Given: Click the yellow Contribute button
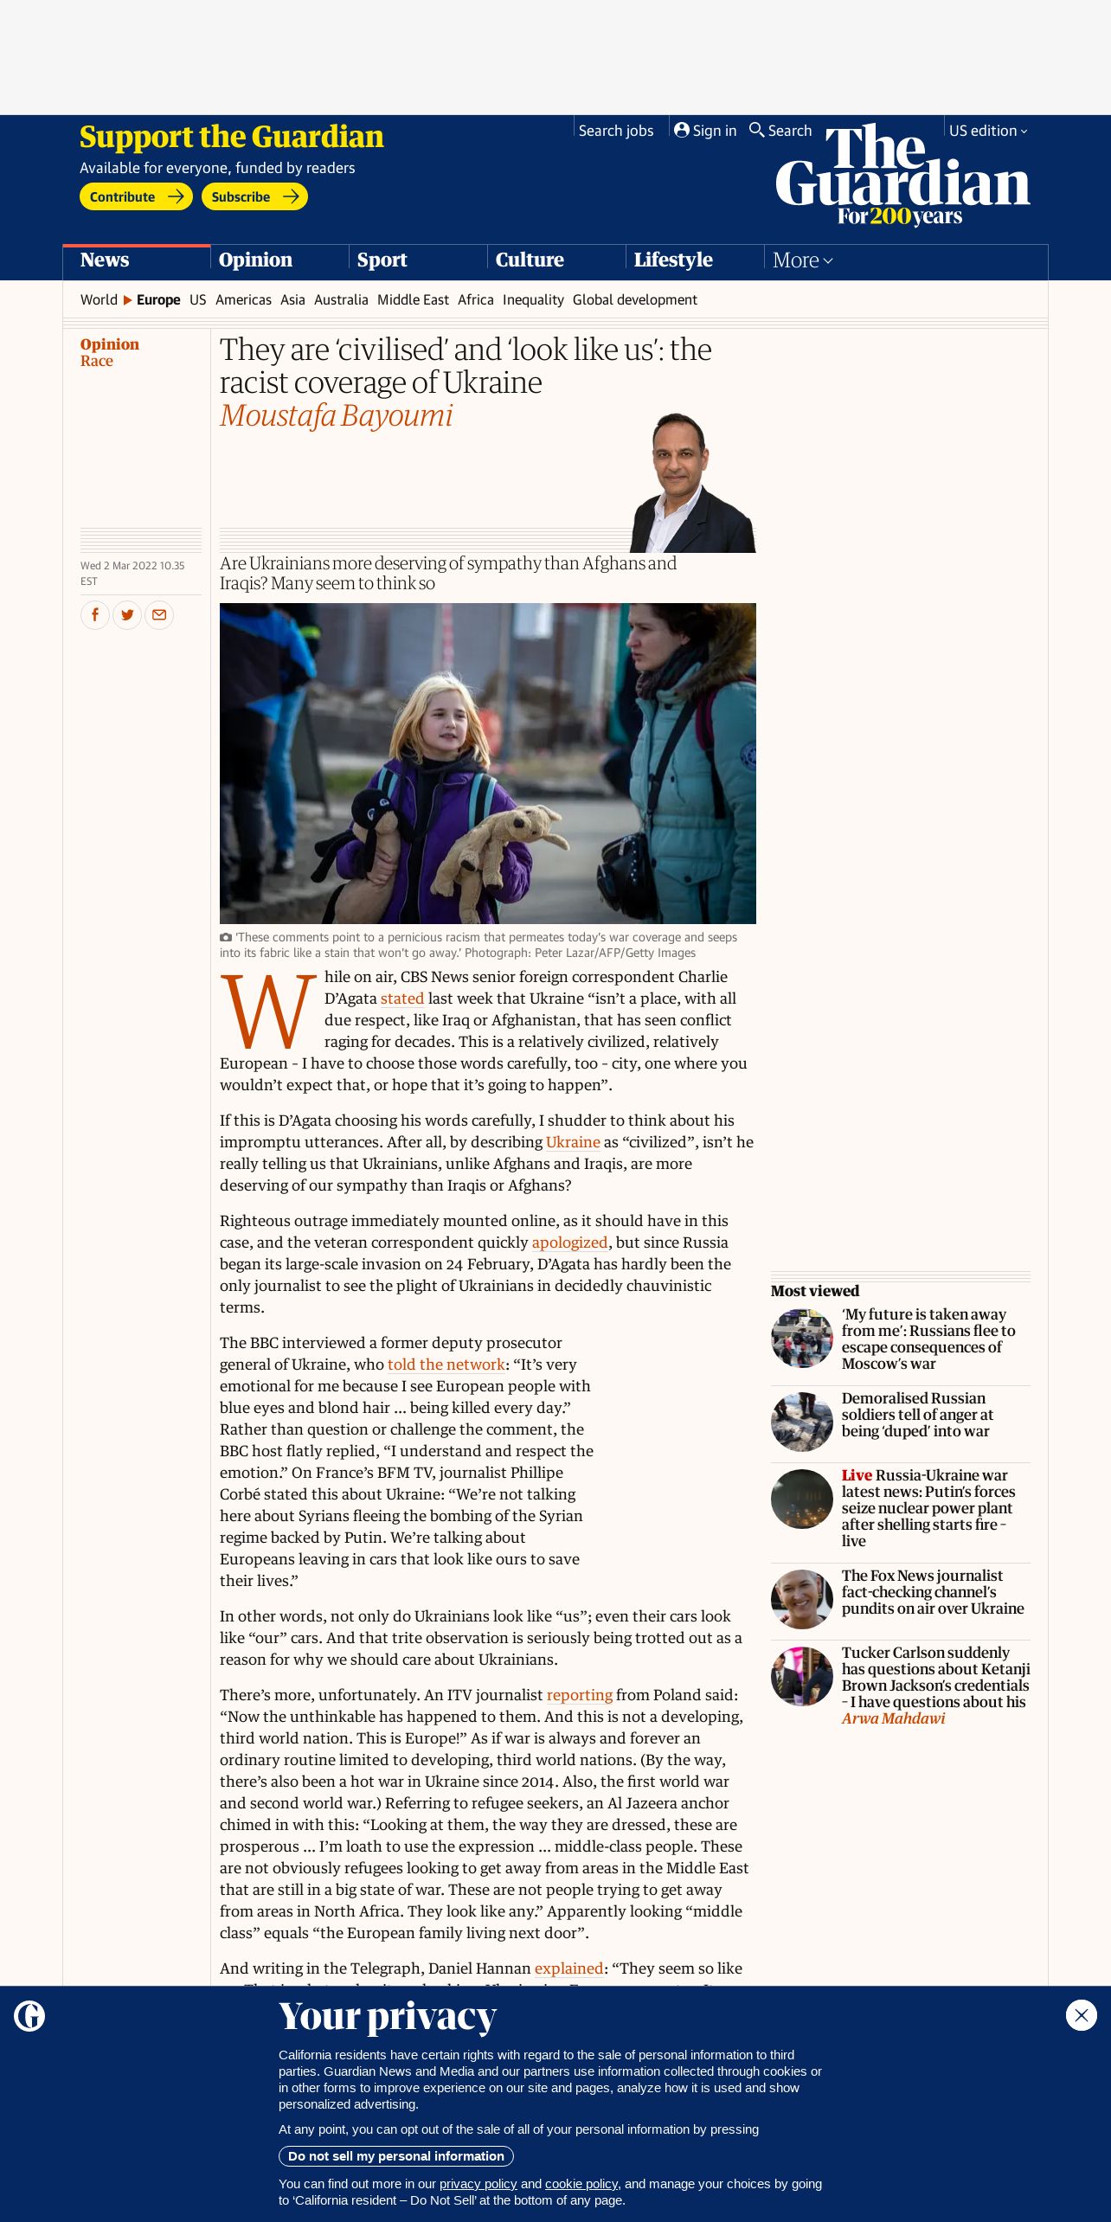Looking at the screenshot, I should [135, 196].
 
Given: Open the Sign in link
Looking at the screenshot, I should [705, 131].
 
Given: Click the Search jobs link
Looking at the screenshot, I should [615, 131].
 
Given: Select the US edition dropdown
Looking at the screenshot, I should [987, 131].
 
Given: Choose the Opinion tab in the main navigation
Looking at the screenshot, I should [255, 260].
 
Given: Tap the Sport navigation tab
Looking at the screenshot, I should [382, 260].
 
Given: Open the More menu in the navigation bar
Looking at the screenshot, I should [802, 260].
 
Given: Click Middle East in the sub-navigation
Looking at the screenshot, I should [413, 299].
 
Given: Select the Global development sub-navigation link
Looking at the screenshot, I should [634, 299].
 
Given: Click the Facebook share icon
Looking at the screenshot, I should [95, 615].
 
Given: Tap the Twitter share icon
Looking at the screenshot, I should [127, 615].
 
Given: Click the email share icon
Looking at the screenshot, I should [159, 615].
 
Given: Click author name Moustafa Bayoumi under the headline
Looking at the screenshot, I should [336, 416].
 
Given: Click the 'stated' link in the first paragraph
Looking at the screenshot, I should [402, 999].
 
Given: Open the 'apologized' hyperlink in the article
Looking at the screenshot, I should [569, 1243].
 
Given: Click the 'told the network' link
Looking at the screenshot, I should [446, 1365].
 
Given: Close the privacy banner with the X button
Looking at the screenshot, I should [1081, 2015].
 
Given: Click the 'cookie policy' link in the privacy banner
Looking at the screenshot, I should [581, 2184].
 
